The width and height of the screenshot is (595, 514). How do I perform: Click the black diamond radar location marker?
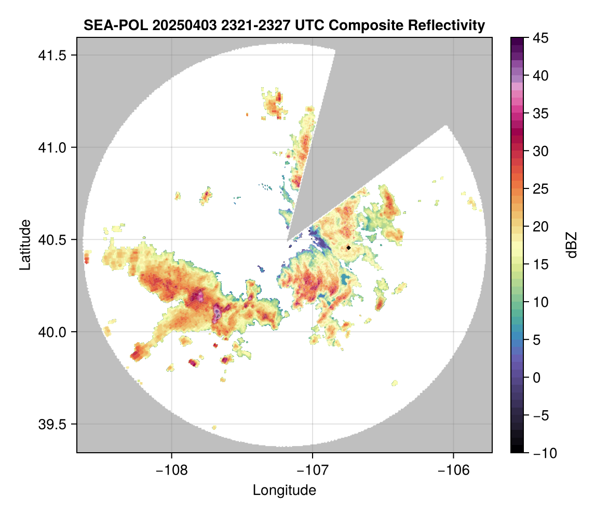pos(348,248)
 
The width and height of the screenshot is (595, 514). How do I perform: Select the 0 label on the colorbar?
pos(537,377)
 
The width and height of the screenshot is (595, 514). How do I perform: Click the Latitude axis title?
pos(24,245)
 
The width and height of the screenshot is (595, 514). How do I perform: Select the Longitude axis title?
pos(284,490)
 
